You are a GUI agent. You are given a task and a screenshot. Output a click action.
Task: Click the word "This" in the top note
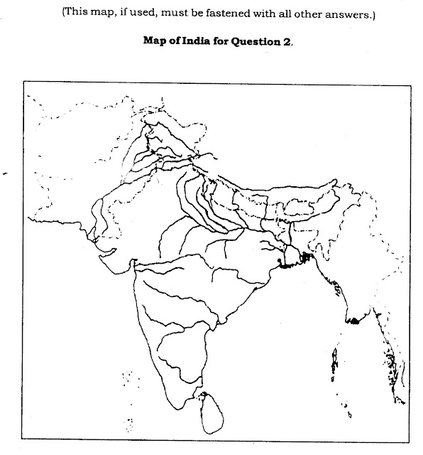tap(77, 13)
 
